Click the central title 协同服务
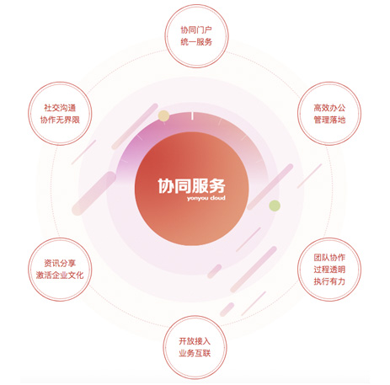tap(191, 185)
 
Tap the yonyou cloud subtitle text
tap(206, 198)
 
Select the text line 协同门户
tap(196, 29)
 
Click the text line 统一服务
tap(196, 42)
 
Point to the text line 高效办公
tap(329, 108)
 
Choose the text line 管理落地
tap(329, 120)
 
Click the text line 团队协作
tap(329, 258)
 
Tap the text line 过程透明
tap(329, 270)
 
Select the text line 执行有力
tap(329, 281)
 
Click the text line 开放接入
tap(195, 341)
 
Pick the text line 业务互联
tap(195, 353)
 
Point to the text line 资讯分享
tap(60, 263)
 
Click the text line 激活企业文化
tap(60, 275)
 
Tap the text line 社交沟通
tap(60, 108)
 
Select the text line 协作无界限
tap(60, 120)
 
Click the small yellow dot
tap(163, 116)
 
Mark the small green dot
tap(275, 206)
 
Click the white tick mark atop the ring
tap(192, 116)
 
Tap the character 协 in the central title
tap(166, 185)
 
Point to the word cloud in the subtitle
tap(218, 198)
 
